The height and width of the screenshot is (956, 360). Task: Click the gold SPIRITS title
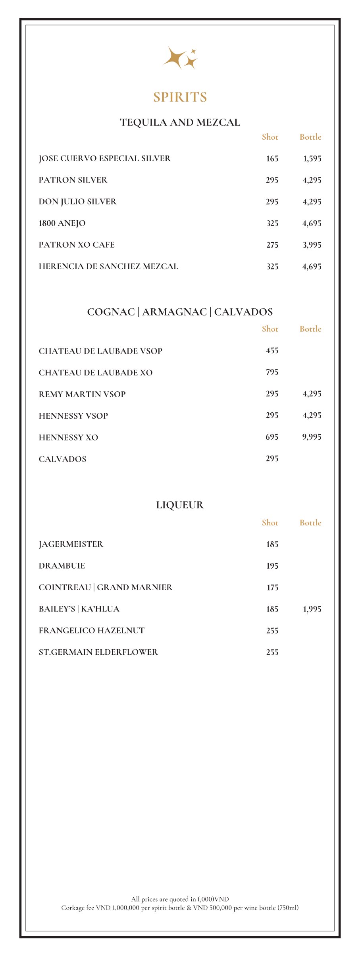coord(180,97)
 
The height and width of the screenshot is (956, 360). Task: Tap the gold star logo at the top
coord(180,58)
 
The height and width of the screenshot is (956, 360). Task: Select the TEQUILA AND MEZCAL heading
coord(180,122)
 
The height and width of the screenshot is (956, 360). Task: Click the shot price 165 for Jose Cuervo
coord(272,159)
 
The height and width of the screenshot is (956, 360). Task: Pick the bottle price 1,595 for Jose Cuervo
coord(312,159)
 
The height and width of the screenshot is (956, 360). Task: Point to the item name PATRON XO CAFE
coord(77,245)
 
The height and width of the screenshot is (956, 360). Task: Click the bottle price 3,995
coord(312,245)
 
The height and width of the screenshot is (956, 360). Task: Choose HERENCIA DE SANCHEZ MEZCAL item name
coord(108,266)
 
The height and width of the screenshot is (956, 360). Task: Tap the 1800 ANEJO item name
coord(62,223)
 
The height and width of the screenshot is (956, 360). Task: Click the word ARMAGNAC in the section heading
coord(174,312)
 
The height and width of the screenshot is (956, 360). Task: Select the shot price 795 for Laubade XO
coord(272,372)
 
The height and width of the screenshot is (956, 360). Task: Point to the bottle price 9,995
coord(312,437)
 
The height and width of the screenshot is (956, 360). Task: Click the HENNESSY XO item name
coord(68,437)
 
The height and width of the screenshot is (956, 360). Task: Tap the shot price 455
coord(272,350)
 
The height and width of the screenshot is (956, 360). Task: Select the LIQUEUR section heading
coord(180,505)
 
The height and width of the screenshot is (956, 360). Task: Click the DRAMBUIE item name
coord(62,566)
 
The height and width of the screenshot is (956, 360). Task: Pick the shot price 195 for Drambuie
coord(272,566)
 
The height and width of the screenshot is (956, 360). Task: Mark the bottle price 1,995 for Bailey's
coord(312,609)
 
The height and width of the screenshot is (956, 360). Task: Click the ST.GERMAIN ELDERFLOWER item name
coord(98,652)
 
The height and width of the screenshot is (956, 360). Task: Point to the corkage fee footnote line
coord(180,908)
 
